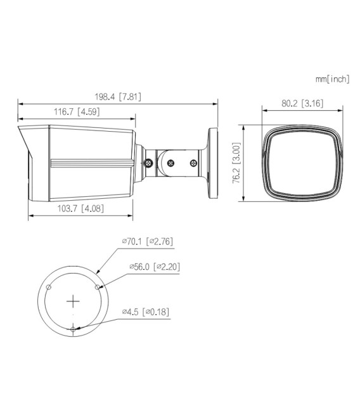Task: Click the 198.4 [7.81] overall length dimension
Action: pyautogui.click(x=118, y=97)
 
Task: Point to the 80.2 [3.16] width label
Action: pyautogui.click(x=302, y=103)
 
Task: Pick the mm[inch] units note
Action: pyautogui.click(x=332, y=79)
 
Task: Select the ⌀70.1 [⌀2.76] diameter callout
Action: pyautogui.click(x=148, y=241)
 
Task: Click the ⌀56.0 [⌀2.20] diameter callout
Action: pyautogui.click(x=154, y=267)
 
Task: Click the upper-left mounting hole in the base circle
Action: pyautogui.click(x=49, y=287)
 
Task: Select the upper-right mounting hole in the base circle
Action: pyautogui.click(x=98, y=286)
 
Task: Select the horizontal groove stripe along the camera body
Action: pyautogui.click(x=91, y=163)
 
